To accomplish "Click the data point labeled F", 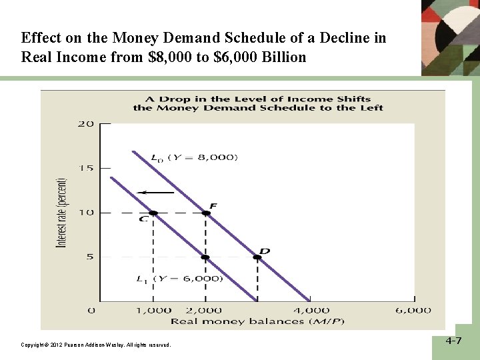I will point(206,213).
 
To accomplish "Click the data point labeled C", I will point(153,213).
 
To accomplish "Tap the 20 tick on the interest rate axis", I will point(85,124).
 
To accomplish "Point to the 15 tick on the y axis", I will point(85,168).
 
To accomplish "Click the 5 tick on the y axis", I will point(89,257).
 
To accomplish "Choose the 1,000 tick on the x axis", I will point(153,310).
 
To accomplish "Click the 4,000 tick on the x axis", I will point(311,310).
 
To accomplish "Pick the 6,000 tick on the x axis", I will point(413,310).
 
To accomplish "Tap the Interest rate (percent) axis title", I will point(62,213).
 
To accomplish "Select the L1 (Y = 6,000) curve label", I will point(179,279).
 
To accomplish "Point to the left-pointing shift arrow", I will point(155,192).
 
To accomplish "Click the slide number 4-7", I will point(454,341).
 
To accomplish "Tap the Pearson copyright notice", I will point(96,345).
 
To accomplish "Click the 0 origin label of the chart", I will point(91,310).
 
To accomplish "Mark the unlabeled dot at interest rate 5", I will point(205,257).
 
